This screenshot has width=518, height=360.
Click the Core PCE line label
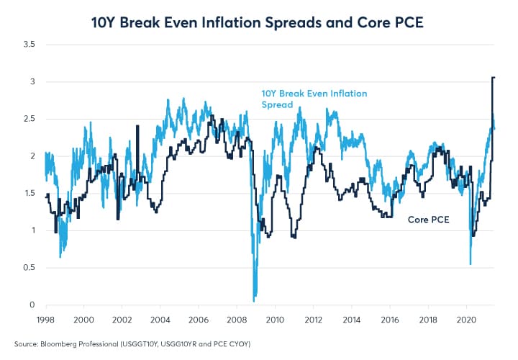(429, 219)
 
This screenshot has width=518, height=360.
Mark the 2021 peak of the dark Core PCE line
(494, 77)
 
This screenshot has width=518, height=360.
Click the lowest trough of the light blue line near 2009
(254, 300)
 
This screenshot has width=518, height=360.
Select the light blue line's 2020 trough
(471, 264)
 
